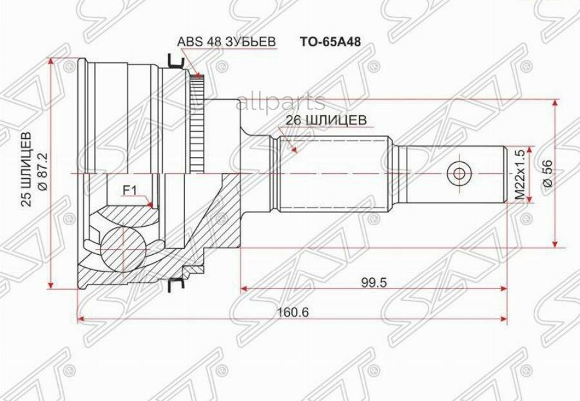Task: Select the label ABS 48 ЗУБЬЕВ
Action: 227,42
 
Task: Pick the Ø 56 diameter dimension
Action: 547,173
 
